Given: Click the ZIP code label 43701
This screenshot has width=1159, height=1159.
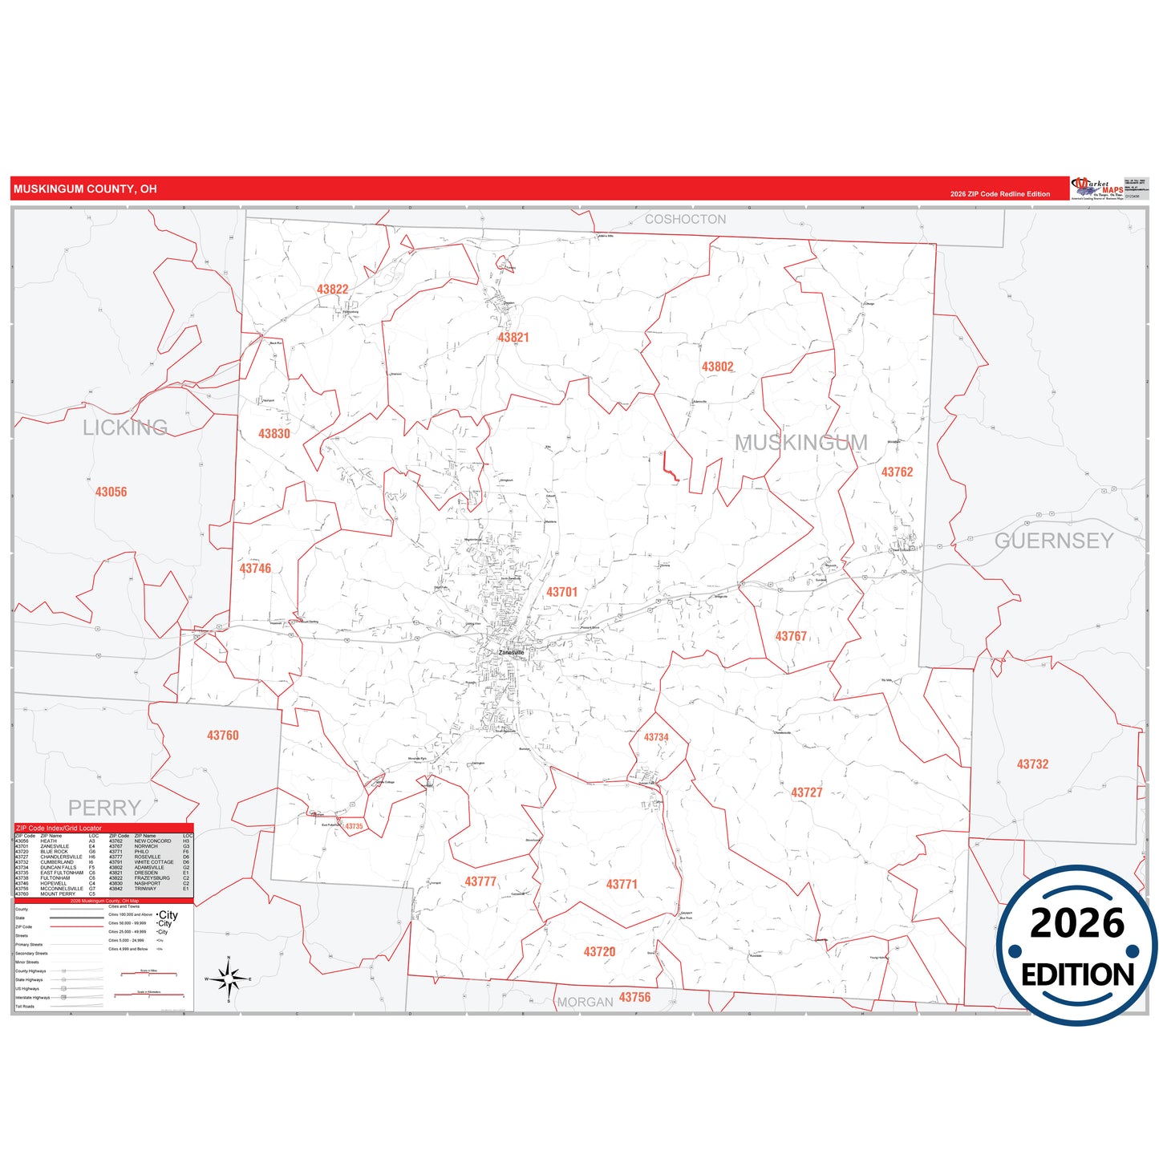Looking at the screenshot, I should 561,592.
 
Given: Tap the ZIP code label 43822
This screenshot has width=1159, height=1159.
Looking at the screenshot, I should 332,290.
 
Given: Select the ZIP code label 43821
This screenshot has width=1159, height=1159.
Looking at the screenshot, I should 513,338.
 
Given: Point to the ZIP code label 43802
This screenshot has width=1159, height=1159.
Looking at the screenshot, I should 717,367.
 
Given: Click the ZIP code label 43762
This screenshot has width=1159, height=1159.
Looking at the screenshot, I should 897,472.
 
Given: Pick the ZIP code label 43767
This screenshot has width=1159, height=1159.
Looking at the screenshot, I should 791,636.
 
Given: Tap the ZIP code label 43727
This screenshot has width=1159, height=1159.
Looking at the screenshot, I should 806,792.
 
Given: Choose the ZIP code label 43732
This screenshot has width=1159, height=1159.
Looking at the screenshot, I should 1032,764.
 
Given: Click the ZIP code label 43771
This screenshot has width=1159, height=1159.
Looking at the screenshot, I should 622,884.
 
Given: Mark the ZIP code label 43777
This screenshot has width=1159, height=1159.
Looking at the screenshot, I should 480,881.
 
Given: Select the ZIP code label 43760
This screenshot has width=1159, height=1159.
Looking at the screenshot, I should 222,736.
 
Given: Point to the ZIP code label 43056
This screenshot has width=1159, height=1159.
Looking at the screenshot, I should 111,492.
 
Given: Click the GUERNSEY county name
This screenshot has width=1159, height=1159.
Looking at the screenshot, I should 1054,541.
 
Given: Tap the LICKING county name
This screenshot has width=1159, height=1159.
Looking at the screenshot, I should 125,428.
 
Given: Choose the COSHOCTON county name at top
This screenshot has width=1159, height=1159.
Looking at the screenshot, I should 685,219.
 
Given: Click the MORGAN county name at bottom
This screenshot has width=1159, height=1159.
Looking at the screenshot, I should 585,1002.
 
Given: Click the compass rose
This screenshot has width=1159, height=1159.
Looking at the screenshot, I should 229,979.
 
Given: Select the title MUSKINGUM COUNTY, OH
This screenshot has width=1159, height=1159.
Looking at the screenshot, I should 85,189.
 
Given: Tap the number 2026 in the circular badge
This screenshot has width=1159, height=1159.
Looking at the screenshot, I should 1076,923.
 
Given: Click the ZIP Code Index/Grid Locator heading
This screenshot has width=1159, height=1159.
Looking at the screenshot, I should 59,828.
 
